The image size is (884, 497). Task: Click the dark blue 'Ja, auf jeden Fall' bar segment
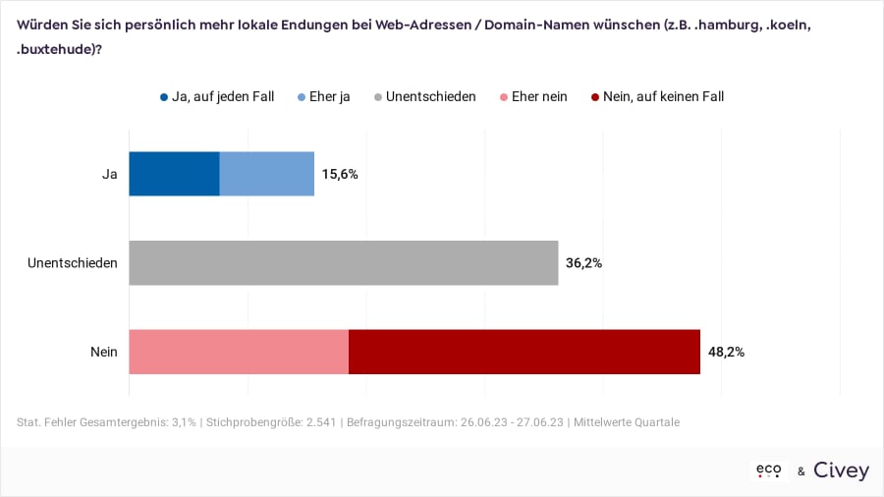[x=174, y=174]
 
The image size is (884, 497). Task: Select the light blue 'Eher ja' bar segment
[x=266, y=174]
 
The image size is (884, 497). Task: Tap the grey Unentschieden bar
[x=343, y=263]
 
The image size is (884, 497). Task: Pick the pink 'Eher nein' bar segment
[x=239, y=352]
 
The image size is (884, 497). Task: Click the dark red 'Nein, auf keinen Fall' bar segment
[x=525, y=352]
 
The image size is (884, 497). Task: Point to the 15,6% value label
[x=340, y=174]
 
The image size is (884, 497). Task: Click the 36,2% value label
[x=583, y=263]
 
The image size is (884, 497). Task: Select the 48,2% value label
[x=726, y=352]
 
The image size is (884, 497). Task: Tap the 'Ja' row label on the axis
[x=110, y=174]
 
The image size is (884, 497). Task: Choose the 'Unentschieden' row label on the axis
[x=73, y=263]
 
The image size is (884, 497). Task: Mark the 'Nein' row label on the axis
[x=104, y=352]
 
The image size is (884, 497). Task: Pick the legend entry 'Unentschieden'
[x=430, y=96]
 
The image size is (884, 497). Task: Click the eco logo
[x=768, y=471]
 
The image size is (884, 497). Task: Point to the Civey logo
[x=841, y=471]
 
